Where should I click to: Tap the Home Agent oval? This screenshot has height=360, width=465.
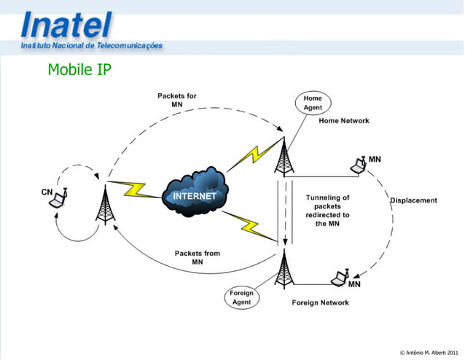pyautogui.click(x=313, y=103)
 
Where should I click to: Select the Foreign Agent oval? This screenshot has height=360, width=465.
pyautogui.click(x=241, y=297)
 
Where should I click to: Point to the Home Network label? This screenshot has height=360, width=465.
pyautogui.click(x=344, y=121)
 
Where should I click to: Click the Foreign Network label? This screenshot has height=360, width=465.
pyautogui.click(x=321, y=302)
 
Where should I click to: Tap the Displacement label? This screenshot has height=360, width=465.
pyautogui.click(x=413, y=200)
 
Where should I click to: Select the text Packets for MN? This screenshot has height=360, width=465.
pyautogui.click(x=177, y=100)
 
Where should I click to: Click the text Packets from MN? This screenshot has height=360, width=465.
pyautogui.click(x=198, y=257)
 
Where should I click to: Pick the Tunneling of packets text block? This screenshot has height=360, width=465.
pyautogui.click(x=327, y=211)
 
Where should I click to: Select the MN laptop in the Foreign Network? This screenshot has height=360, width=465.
pyautogui.click(x=339, y=278)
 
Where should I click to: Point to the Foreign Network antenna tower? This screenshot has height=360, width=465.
pyautogui.click(x=283, y=269)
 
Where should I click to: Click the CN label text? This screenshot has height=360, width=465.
pyautogui.click(x=47, y=192)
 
